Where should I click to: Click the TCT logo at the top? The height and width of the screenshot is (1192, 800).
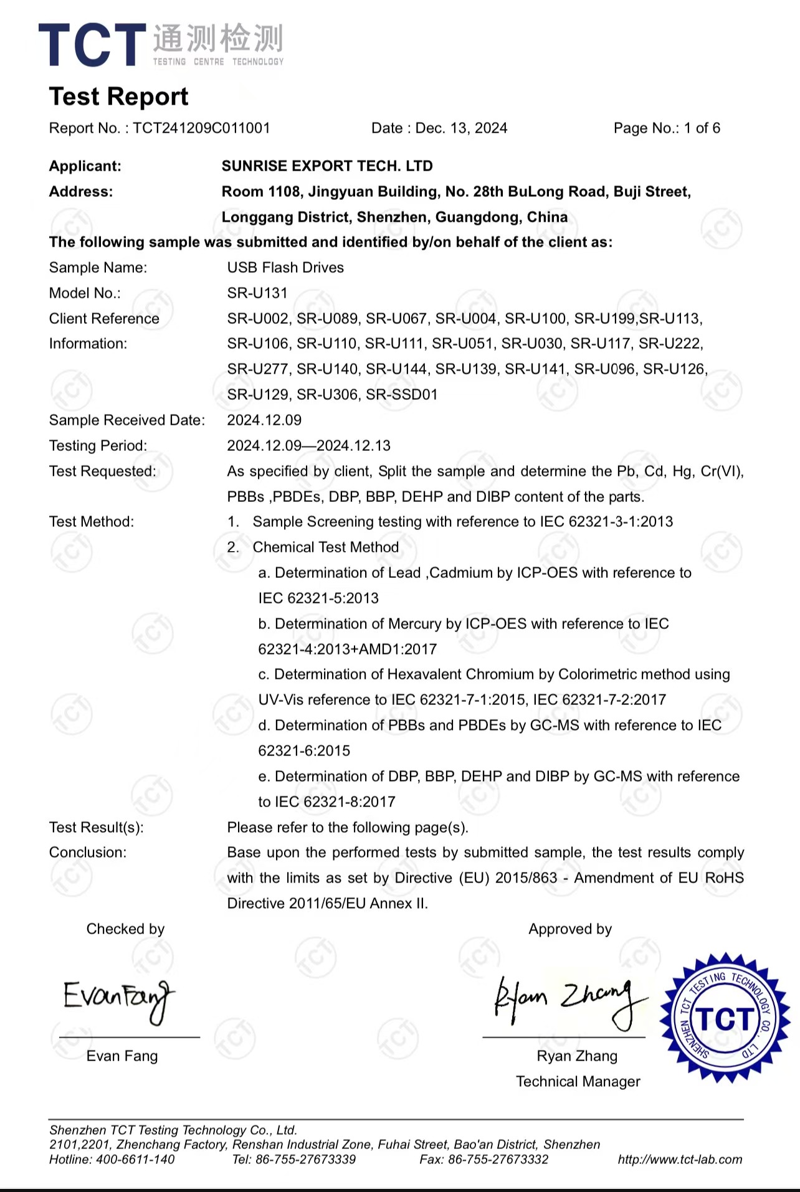[161, 45]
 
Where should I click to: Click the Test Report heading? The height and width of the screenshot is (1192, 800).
[118, 97]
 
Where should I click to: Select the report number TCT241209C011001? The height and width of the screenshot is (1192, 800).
[201, 128]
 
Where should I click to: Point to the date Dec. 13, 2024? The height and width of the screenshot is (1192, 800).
[461, 128]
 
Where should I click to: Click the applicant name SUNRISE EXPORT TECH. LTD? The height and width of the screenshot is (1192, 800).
[327, 166]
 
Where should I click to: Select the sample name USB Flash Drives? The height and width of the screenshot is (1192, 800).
[285, 268]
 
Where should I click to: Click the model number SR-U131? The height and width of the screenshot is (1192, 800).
[257, 293]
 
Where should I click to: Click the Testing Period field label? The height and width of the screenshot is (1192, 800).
[98, 446]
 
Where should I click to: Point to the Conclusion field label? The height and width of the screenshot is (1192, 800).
[87, 853]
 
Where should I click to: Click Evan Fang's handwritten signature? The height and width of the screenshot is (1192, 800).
[118, 998]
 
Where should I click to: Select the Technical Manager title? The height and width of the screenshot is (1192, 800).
[578, 1082]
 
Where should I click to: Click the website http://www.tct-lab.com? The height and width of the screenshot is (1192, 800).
[680, 1160]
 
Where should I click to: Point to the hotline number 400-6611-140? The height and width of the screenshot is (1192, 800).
[135, 1160]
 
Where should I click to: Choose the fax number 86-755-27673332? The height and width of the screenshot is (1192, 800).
[498, 1160]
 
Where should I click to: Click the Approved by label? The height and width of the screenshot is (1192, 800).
[570, 929]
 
